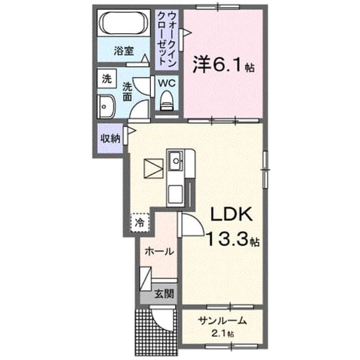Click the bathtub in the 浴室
124,23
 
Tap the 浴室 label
124,51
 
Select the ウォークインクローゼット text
167,39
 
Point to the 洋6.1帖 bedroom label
223,65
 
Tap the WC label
166,83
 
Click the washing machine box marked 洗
107,79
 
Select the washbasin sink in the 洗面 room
106,106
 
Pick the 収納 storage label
111,138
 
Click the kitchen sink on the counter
176,161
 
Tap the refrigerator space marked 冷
140,223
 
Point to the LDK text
231,214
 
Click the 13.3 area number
228,238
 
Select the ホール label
159,251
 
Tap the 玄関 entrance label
164,294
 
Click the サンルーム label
223,321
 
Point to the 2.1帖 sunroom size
223,333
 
